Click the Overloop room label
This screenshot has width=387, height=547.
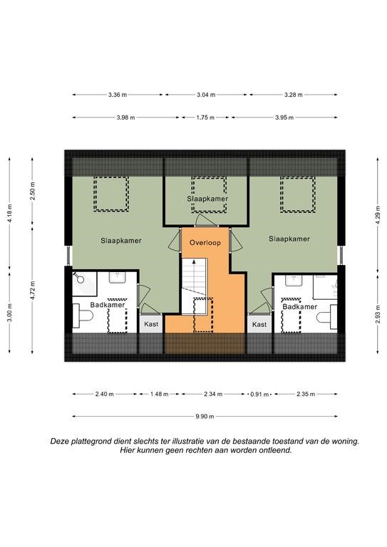(205, 242)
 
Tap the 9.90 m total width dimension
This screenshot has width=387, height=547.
(205, 416)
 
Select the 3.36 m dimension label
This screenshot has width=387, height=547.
(118, 95)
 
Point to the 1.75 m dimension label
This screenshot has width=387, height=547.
(205, 118)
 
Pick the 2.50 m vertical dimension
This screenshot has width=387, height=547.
(33, 191)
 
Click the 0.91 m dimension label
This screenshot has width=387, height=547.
(259, 395)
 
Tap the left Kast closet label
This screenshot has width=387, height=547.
(151, 324)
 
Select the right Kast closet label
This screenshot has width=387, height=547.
(259, 324)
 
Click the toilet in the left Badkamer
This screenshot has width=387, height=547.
(83, 316)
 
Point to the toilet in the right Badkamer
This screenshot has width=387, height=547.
(327, 317)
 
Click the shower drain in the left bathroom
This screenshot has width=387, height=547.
(81, 279)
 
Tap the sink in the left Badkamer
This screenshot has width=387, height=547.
(118, 278)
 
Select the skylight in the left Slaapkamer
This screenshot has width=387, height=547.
(111, 194)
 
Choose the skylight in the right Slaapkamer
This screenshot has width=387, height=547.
(298, 194)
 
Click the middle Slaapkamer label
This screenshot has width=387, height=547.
(207, 199)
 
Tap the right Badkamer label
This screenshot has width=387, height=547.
(300, 307)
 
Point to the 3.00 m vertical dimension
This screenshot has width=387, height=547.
(9, 313)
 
